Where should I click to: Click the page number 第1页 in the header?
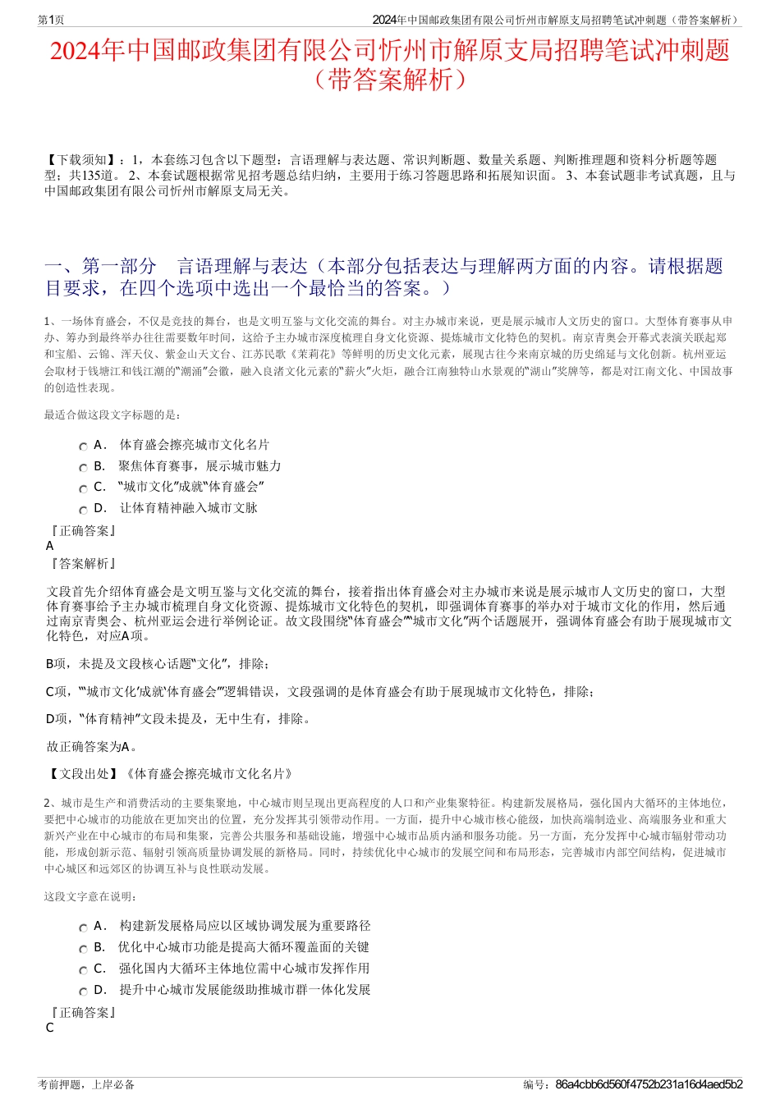(51, 20)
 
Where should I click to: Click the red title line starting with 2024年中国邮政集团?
(389, 51)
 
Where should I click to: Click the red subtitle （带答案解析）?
(389, 80)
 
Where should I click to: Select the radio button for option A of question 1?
(83, 447)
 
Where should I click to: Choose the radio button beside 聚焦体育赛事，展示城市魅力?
(83, 468)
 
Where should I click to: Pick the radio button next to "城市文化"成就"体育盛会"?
(83, 488)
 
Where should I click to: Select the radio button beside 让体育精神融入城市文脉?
(83, 510)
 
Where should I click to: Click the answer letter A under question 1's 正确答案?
(50, 546)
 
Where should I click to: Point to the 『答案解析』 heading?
(82, 564)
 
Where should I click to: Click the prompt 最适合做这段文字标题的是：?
(113, 415)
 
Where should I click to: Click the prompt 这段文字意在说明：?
(91, 896)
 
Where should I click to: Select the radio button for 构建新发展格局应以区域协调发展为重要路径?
(83, 928)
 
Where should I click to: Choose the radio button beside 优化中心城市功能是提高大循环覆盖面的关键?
(83, 949)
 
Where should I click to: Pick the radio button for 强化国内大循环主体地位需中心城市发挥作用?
(83, 970)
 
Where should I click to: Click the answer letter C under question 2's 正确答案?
(50, 1028)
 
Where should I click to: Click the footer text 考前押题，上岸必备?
(86, 1084)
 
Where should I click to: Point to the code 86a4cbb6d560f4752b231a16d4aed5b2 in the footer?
(649, 1084)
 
